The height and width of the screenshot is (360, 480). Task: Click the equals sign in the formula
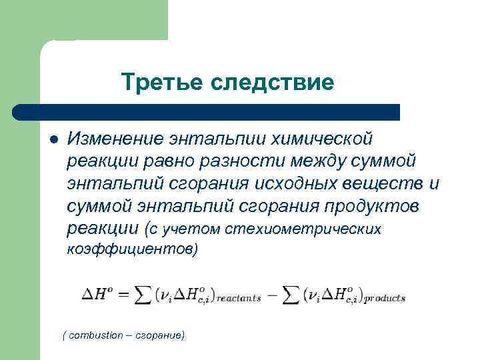coord(123,295)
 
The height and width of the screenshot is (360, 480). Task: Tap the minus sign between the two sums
coord(271,295)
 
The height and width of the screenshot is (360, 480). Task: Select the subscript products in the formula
coord(385,299)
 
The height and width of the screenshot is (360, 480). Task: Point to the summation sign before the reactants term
coord(143,295)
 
